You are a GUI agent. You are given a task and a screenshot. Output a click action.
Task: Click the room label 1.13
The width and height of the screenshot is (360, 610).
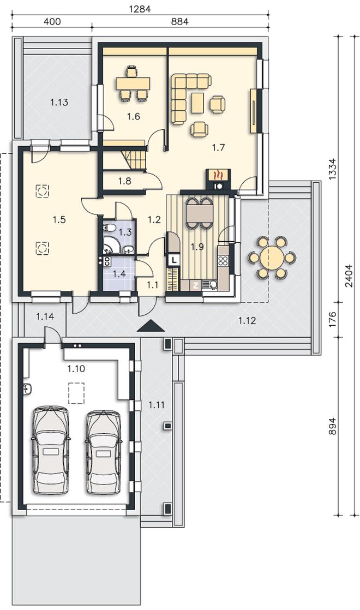click(59, 103)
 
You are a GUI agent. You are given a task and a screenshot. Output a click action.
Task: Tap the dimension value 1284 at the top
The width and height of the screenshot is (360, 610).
click(140, 9)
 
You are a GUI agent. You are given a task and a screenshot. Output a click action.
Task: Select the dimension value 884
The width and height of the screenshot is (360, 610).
click(179, 22)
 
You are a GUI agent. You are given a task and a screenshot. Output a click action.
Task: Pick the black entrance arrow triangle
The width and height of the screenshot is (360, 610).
click(151, 326)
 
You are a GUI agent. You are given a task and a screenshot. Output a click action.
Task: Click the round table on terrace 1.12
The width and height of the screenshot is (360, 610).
click(272, 257)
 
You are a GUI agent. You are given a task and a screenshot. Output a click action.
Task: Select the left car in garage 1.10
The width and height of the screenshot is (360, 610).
click(51, 450)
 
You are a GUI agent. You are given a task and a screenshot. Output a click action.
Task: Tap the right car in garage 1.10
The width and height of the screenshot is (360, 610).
click(104, 451)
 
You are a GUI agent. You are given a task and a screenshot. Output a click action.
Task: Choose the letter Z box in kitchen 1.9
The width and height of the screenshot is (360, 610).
click(196, 285)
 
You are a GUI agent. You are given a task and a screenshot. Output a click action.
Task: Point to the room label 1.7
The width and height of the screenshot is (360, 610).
click(218, 147)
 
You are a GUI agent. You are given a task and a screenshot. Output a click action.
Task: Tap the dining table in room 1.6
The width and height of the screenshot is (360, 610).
click(133, 83)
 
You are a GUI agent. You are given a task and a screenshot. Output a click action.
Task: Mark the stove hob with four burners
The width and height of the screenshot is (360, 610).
click(223, 260)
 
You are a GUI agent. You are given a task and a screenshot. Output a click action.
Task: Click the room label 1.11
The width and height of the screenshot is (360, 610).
click(157, 405)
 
